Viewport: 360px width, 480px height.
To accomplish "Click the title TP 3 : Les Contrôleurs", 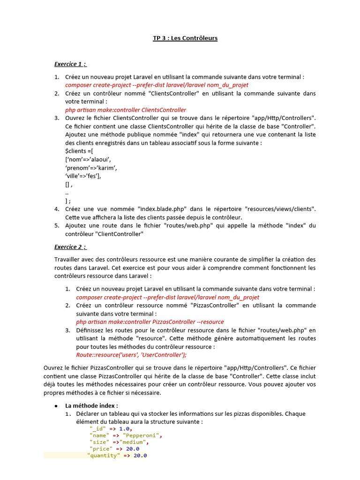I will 185,38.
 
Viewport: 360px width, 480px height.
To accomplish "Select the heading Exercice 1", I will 70,64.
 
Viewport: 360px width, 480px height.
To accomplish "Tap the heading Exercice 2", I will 70,247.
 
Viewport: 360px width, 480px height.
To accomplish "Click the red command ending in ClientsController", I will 126,110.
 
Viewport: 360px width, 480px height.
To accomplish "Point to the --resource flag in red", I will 210,322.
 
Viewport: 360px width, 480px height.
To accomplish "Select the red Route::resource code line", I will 131,355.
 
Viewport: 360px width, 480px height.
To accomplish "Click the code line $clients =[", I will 79,151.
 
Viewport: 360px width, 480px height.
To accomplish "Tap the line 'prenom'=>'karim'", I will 91,168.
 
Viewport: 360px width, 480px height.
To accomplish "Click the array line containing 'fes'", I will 83,176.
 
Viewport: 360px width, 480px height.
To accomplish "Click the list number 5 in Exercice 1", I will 56,225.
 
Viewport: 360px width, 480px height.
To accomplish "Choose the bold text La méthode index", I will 92,405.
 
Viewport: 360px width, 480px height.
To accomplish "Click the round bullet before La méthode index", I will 56,405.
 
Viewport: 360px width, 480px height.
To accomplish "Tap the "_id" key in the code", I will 97,428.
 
